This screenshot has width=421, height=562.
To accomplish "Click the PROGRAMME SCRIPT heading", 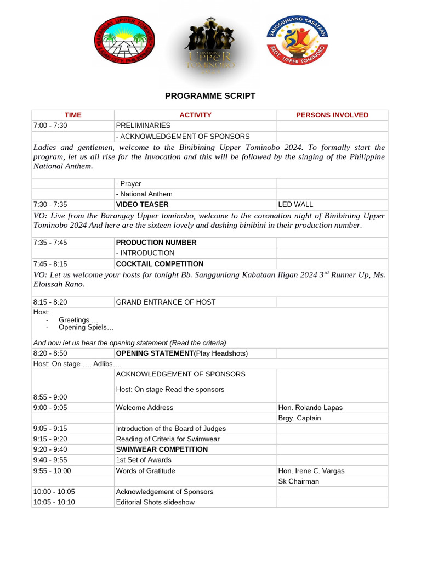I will point(210,96).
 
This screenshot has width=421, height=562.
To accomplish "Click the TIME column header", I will point(73,115).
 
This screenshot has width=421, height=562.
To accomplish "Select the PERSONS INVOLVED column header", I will point(332,115).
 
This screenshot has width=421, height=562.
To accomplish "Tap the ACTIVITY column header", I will point(195,115).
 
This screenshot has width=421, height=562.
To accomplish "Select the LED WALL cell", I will point(295,204).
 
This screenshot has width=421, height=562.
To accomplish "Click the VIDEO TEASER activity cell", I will point(138,204).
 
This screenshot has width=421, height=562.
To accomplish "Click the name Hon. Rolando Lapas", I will point(310,407).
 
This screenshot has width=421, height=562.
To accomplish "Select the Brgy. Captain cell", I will point(300,418).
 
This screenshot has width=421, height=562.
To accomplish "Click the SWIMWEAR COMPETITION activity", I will point(162,449).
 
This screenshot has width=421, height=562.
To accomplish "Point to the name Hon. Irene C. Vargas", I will point(311,470).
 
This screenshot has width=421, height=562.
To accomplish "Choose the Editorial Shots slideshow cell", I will point(155,502).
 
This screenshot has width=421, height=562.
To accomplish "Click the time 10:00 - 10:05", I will point(54,491).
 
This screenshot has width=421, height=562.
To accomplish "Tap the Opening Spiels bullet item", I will point(86,328).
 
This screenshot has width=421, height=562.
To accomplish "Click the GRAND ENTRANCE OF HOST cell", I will point(166,302).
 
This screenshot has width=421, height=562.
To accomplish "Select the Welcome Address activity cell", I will point(144,407).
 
